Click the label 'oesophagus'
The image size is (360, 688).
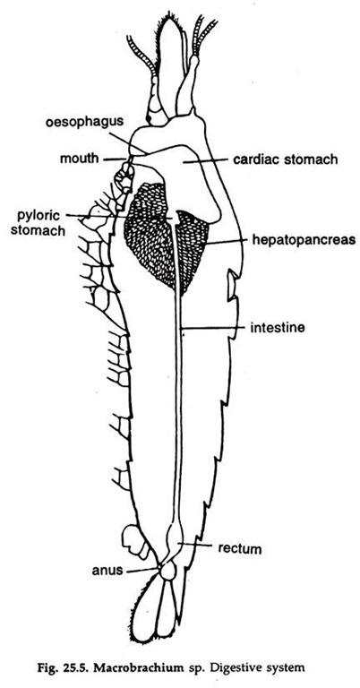click(82, 122)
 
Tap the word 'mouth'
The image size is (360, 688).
click(80, 158)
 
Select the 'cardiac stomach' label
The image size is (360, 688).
click(286, 159)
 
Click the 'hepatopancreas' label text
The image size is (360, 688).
click(303, 239)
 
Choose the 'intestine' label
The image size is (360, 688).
click(277, 327)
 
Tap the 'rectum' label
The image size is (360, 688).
click(240, 548)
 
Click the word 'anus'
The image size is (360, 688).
click(107, 571)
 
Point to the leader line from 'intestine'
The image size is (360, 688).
click(213, 327)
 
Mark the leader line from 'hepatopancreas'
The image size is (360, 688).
click(227, 240)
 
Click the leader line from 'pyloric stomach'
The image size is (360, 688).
click(118, 216)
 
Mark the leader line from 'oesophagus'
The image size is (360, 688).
click(128, 142)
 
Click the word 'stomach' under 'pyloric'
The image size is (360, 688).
click(38, 230)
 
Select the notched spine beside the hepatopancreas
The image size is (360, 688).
click(233, 285)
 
